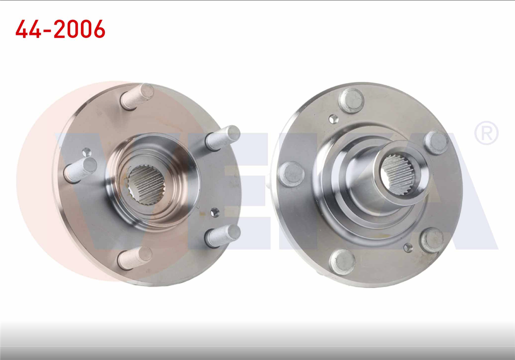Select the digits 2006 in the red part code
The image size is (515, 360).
click(x=78, y=30)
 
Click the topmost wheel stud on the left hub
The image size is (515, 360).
click(x=138, y=96)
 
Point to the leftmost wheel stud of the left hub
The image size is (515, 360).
click(x=80, y=169)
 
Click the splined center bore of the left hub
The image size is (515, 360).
click(x=146, y=184)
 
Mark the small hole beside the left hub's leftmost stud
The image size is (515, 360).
click(x=87, y=152)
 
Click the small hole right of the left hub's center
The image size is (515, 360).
click(x=215, y=212)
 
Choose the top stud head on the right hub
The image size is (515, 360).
click(x=352, y=100)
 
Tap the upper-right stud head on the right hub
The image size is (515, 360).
click(x=436, y=142)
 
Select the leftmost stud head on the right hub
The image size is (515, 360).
click(x=291, y=174)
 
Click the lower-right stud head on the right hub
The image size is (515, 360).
click(x=432, y=240)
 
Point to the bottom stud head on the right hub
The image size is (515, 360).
click(x=342, y=262)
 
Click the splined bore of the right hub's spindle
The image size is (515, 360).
click(x=398, y=175)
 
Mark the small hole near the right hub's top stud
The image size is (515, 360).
click(x=334, y=119)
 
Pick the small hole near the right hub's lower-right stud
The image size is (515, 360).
click(x=408, y=248)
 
